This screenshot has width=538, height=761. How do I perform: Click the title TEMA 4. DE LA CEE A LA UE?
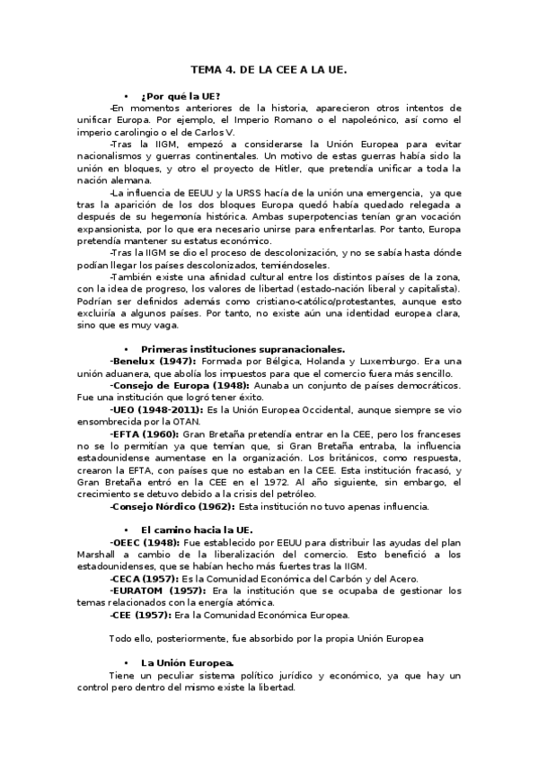click(x=269, y=68)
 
